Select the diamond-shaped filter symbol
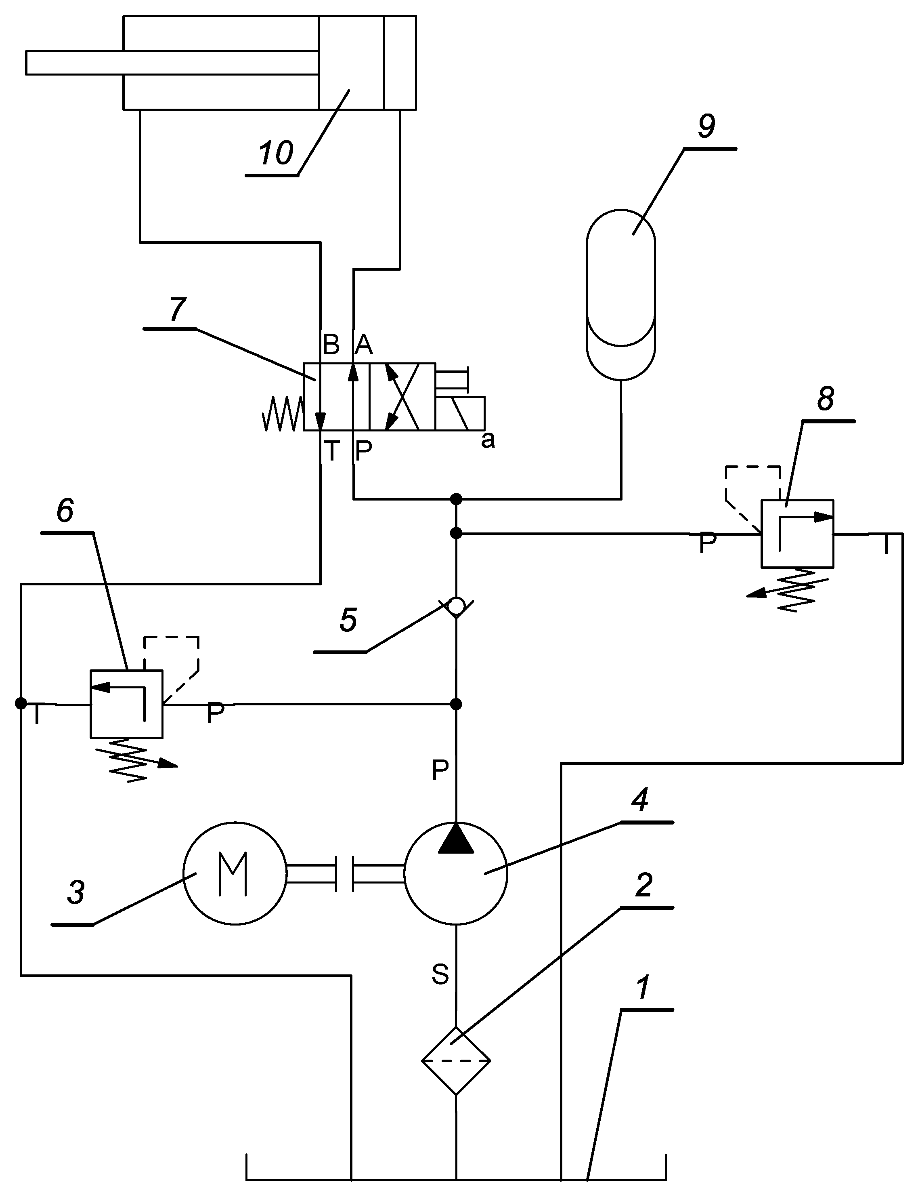(456, 1060)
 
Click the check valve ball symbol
(456, 605)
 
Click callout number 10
(277, 153)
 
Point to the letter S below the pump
(440, 974)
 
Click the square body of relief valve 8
(797, 533)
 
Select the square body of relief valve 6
(126, 704)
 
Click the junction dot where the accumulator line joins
(456, 499)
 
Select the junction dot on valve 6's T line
(21, 703)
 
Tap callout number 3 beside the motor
(76, 892)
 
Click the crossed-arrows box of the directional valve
(402, 396)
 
